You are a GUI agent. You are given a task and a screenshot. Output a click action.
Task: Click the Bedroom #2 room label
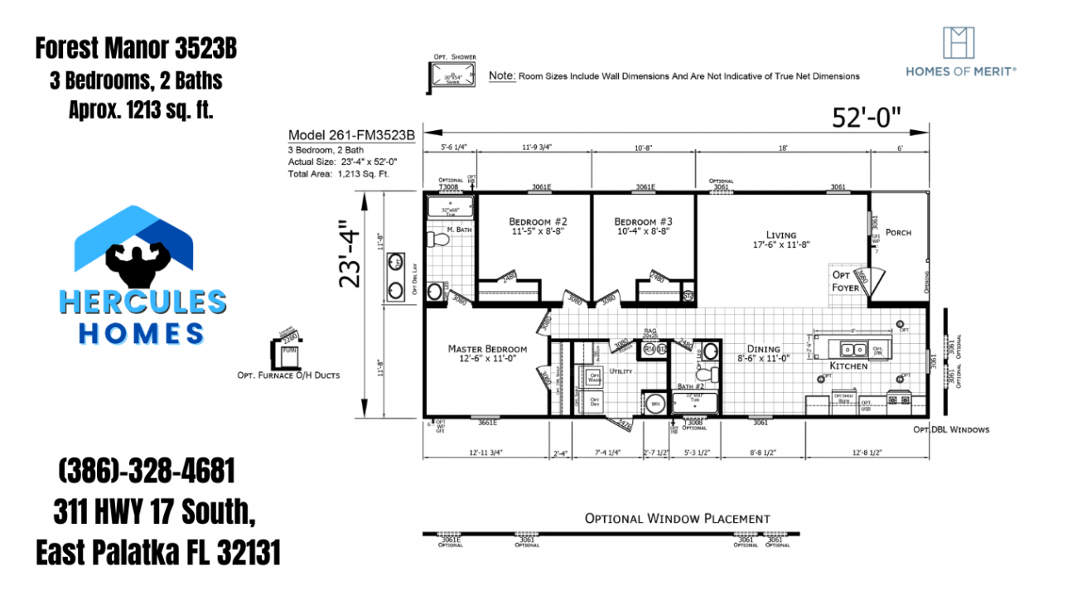538,222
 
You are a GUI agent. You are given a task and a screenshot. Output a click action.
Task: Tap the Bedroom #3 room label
643,222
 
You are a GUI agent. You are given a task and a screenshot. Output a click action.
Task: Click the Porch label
898,232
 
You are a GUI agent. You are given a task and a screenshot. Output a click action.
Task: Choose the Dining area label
763,349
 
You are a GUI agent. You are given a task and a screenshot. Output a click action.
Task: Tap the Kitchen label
849,365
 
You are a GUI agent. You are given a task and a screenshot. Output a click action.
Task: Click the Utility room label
621,372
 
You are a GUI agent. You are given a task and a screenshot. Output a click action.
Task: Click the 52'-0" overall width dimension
867,118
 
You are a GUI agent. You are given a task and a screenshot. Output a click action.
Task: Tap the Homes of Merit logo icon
959,43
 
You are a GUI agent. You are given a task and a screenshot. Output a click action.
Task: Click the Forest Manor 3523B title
136,49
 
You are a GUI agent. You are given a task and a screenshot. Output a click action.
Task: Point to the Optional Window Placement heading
677,519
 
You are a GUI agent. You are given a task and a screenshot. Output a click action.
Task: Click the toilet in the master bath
437,240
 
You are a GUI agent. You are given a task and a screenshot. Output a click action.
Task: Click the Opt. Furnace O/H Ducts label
287,375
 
